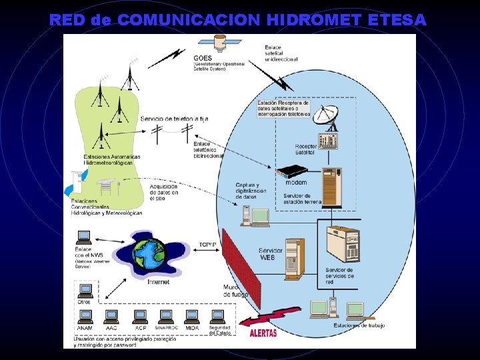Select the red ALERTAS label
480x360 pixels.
(263, 332)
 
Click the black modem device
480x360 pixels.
(294, 173)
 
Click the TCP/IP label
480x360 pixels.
(207, 245)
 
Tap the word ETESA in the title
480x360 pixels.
(396, 20)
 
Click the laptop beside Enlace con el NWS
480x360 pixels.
(84, 237)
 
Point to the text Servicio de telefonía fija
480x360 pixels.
(175, 119)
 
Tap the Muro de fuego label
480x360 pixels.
(235, 291)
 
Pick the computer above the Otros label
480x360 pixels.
(85, 291)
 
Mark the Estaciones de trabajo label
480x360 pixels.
(359, 325)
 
